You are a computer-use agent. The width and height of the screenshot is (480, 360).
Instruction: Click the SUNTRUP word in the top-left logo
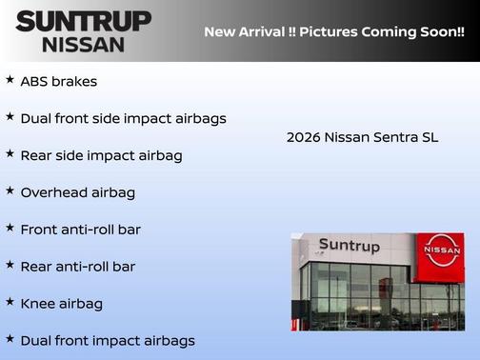click(x=83, y=21)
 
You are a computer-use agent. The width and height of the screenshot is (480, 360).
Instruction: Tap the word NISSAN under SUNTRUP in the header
click(x=83, y=44)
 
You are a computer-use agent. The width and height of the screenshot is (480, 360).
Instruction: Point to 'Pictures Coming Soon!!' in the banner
click(x=383, y=31)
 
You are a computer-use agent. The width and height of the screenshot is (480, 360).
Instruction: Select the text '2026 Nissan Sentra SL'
click(x=362, y=137)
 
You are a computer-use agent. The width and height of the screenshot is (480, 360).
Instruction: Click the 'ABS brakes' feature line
click(x=58, y=82)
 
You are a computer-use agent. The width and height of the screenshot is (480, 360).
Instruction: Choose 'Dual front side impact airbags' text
click(x=123, y=119)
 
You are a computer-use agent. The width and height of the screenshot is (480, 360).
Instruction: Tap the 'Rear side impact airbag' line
click(x=101, y=155)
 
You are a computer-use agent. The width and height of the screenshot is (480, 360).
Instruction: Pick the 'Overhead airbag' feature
click(x=77, y=192)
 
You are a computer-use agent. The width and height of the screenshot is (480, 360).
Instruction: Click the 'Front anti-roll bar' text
click(x=80, y=230)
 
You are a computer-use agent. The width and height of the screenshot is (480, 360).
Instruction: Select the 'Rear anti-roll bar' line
click(x=77, y=267)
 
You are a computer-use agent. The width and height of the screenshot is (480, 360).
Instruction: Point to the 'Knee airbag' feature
click(x=61, y=304)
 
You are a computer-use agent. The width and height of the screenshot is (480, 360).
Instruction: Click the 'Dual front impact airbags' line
click(x=107, y=340)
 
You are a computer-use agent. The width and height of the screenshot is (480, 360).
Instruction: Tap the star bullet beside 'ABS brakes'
click(x=10, y=80)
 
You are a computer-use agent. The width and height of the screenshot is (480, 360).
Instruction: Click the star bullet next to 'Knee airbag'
click(x=10, y=302)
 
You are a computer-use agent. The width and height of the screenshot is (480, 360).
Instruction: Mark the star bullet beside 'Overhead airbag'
click(x=10, y=190)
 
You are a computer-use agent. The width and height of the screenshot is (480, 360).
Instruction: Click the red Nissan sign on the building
click(x=442, y=250)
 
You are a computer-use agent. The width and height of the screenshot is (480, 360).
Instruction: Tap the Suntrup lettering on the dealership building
click(x=349, y=247)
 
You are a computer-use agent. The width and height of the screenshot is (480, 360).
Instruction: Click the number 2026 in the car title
click(x=303, y=137)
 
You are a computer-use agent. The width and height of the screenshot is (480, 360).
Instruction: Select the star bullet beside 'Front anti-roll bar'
click(x=10, y=228)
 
